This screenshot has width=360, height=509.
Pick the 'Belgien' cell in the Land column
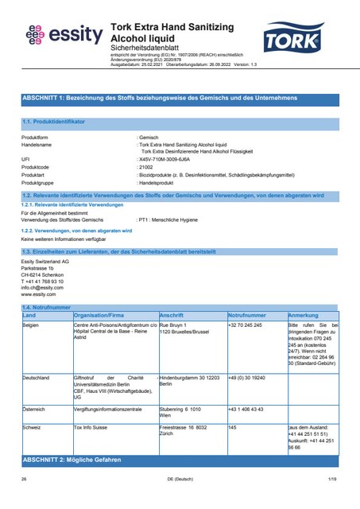(31, 325)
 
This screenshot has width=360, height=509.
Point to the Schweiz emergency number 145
(233, 427)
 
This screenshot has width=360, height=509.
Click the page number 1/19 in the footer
(332, 480)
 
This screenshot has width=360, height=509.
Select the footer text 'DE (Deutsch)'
(180, 480)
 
